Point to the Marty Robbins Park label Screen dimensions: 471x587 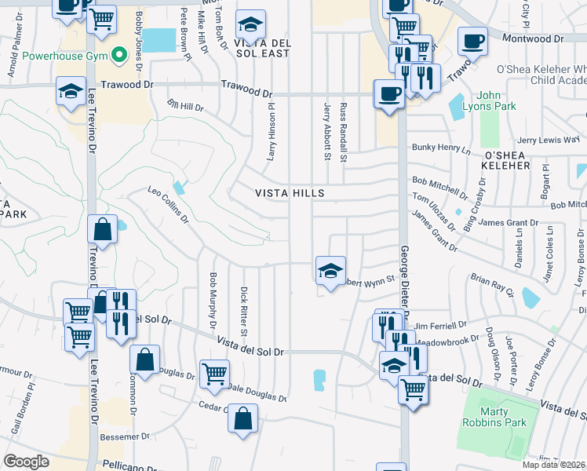tap(493, 418)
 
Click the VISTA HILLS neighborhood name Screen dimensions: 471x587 tap(290, 193)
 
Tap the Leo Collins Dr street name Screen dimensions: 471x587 tap(169, 203)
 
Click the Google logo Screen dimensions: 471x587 tap(26, 462)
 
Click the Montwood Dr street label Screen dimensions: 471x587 tap(536, 38)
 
